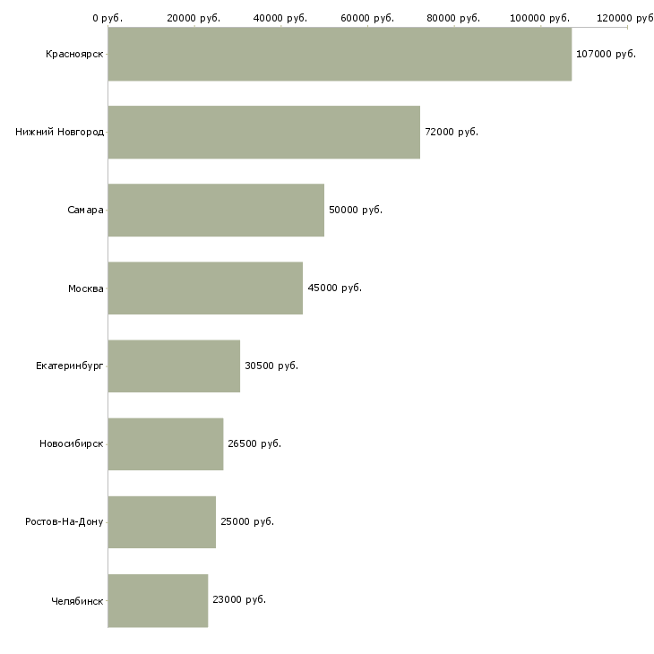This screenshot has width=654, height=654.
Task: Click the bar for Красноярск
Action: tap(340, 55)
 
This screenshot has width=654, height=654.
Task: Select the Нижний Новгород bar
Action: tap(264, 133)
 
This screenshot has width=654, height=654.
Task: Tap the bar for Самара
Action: tap(216, 211)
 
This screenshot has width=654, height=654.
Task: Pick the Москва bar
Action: tap(206, 288)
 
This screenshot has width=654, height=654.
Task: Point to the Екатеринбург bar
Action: tap(174, 366)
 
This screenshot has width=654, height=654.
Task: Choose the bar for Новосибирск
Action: tap(166, 444)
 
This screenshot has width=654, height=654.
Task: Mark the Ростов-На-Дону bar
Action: tap(162, 522)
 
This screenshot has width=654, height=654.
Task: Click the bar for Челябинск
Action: tap(158, 600)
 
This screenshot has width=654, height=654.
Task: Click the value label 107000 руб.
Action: tap(606, 55)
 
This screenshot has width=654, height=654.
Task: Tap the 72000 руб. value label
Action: tap(452, 133)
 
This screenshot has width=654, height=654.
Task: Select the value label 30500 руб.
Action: tap(271, 366)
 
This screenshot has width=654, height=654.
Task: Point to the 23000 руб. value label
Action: tap(239, 599)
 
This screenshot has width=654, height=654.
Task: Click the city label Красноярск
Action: tap(74, 55)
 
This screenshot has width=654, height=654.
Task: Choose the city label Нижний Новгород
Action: tap(60, 133)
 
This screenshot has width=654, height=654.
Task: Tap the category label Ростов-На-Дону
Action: tap(64, 521)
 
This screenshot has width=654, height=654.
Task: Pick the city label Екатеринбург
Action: tap(69, 366)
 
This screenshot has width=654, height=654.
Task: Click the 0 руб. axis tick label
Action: tap(108, 18)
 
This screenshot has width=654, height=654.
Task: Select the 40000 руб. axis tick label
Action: tap(280, 18)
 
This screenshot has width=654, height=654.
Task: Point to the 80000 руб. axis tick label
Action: tap(453, 18)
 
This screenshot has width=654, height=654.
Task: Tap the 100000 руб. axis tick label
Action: tap(539, 18)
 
